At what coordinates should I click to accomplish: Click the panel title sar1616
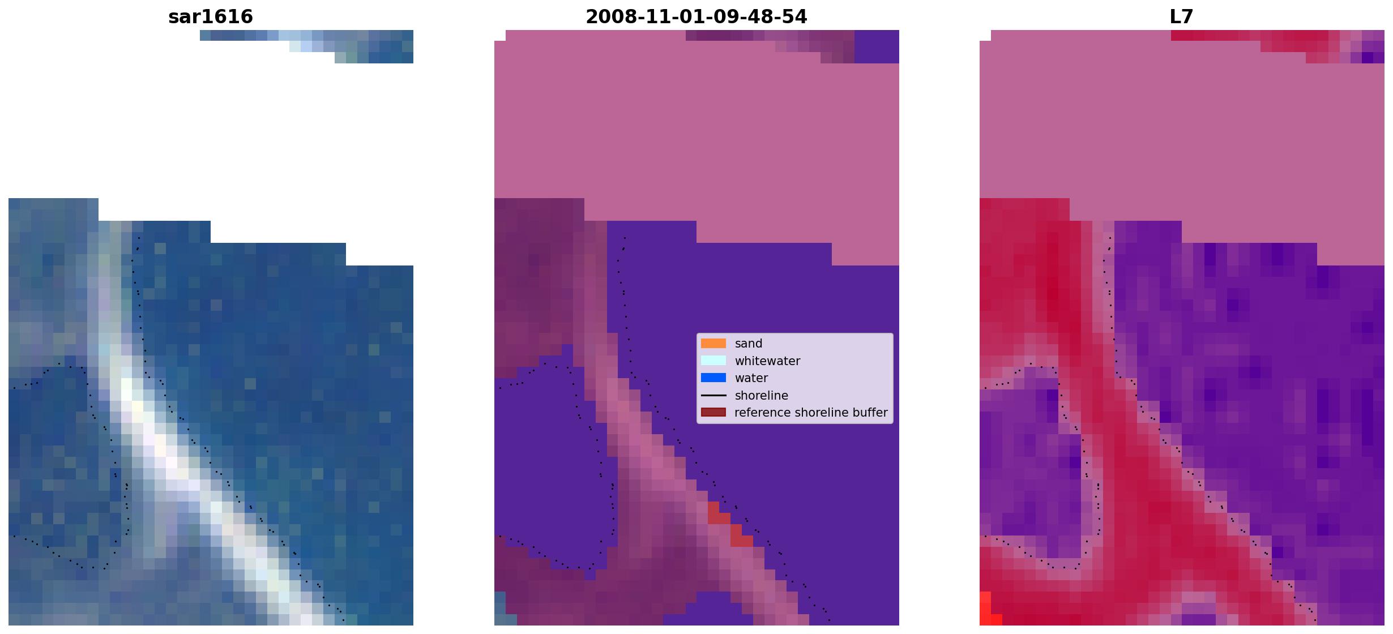[211, 16]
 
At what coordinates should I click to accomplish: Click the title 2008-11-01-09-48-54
[696, 16]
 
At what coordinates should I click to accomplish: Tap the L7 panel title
[1181, 16]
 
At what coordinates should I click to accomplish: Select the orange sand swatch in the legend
[713, 344]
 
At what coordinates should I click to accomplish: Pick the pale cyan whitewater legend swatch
[713, 361]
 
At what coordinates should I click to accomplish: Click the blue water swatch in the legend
[713, 378]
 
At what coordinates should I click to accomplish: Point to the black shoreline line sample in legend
[713, 395]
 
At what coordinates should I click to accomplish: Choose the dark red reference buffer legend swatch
[713, 413]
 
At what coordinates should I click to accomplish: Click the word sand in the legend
[749, 344]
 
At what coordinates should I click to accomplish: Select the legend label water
[751, 378]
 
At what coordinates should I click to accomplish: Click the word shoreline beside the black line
[761, 396]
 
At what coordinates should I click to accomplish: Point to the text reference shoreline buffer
[811, 413]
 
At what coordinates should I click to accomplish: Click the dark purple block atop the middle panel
[877, 46]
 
